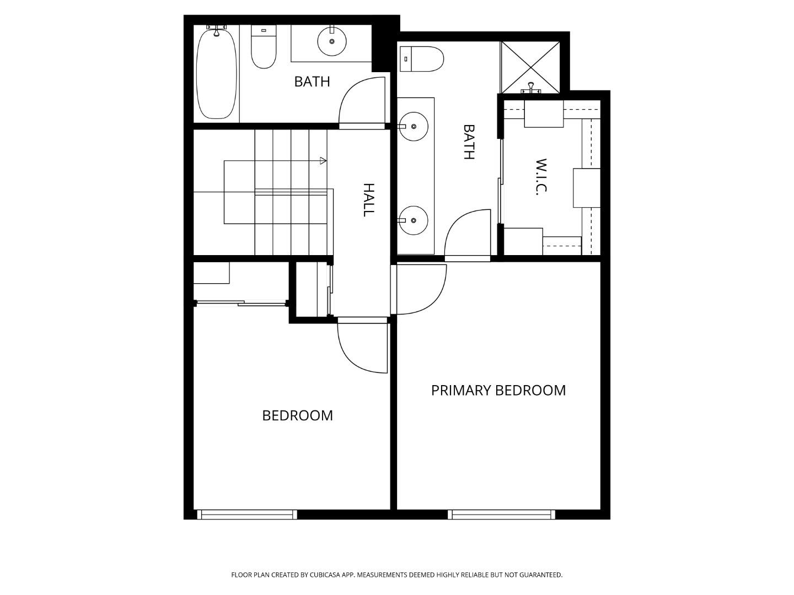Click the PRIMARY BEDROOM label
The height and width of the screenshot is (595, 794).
tap(498, 391)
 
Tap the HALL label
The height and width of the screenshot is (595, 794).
tap(368, 200)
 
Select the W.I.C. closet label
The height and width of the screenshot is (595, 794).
tap(541, 177)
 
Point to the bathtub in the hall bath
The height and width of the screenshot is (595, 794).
tap(216, 73)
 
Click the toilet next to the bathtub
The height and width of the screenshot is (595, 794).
tap(264, 47)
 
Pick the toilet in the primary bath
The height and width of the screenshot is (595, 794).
tap(422, 58)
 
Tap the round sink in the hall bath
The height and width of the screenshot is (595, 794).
tap(332, 41)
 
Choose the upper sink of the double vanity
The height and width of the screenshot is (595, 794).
tap(414, 127)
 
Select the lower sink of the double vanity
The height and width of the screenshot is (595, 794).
tap(413, 220)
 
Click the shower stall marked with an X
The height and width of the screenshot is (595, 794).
tap(530, 68)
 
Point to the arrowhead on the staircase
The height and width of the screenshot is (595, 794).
tap(323, 160)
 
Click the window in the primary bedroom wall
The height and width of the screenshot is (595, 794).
tap(501, 515)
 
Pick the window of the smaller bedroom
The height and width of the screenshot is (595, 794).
tap(248, 515)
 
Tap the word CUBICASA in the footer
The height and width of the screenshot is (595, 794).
tap(325, 575)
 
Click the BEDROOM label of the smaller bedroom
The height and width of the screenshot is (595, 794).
tap(297, 416)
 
